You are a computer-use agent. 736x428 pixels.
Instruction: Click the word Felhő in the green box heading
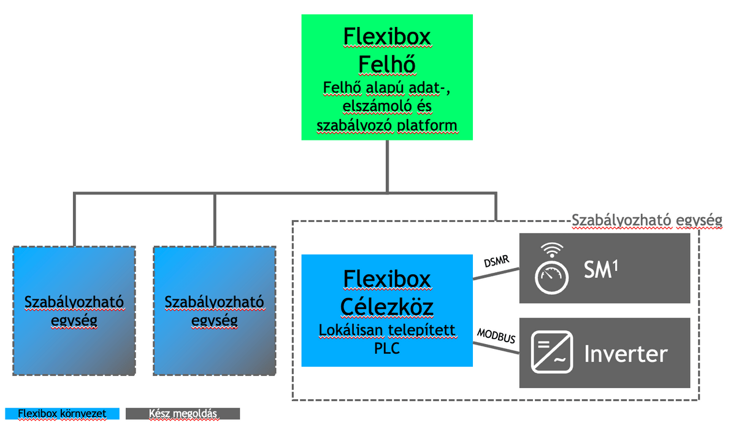[x=386, y=64]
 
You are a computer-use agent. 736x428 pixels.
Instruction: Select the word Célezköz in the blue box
[x=386, y=306]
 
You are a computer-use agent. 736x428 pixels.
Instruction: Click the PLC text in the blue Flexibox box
[x=386, y=348]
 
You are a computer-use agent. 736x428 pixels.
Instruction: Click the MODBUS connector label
[x=496, y=336]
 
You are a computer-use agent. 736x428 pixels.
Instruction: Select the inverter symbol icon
[x=552, y=353]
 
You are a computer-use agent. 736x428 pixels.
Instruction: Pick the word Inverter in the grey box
[x=626, y=354]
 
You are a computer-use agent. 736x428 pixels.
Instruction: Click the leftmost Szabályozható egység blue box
[x=74, y=311]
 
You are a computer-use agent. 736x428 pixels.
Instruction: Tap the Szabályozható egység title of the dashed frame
[x=646, y=220]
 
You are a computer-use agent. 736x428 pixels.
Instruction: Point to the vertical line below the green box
[x=387, y=166]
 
